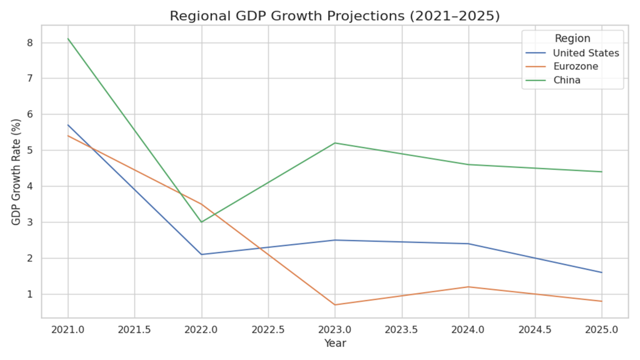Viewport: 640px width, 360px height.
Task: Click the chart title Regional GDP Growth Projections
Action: (334, 17)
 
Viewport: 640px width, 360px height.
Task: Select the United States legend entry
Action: (586, 53)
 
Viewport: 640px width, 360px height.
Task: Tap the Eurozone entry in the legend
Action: (575, 67)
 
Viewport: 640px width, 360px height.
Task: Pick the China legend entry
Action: (566, 81)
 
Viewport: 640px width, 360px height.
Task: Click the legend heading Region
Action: (572, 38)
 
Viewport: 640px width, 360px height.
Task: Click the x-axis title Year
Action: (335, 344)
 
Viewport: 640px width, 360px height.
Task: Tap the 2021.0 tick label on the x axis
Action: (68, 330)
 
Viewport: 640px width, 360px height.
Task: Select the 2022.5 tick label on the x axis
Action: (268, 330)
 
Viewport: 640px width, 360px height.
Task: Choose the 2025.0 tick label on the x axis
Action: (602, 330)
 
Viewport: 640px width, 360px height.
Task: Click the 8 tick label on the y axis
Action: (30, 43)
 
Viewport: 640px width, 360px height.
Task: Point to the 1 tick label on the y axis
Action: (30, 294)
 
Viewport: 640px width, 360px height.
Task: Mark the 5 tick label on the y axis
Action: (30, 150)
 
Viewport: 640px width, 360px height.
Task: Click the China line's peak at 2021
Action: (68, 39)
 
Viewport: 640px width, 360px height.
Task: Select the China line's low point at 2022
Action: (202, 222)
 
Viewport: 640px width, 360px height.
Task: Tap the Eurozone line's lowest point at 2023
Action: (335, 305)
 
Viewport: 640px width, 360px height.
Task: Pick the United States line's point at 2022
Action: (202, 254)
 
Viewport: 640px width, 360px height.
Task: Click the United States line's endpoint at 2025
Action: (602, 273)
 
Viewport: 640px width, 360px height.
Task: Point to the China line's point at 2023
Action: (335, 143)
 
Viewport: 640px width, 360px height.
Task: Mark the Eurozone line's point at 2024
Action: (468, 287)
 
